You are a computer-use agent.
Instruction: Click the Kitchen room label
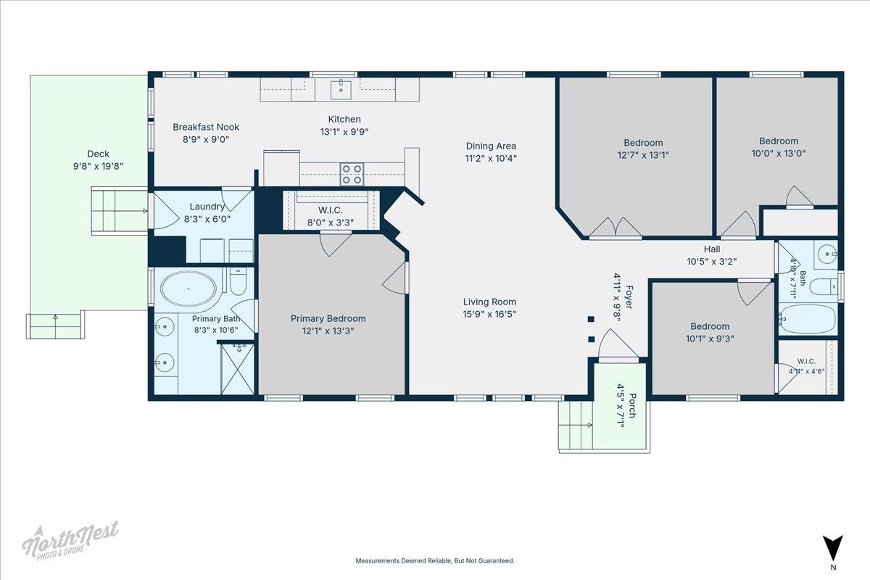tap(344, 120)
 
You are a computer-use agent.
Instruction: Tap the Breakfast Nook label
tap(206, 127)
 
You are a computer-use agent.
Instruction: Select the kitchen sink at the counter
tap(341, 90)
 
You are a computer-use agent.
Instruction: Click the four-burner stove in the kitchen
tap(352, 174)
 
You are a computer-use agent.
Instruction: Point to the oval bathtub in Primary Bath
tap(188, 289)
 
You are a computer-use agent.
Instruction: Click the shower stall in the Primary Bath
tap(237, 369)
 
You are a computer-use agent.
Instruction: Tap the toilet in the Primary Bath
tap(238, 281)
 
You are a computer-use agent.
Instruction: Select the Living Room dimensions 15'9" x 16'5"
tap(489, 314)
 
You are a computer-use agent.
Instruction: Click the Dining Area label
tap(491, 146)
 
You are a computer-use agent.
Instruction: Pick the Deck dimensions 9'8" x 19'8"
tap(99, 166)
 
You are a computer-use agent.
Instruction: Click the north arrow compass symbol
tap(833, 548)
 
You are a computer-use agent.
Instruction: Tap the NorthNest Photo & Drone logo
tap(70, 540)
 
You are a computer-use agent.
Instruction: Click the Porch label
tap(632, 405)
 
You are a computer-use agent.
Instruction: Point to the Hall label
tap(712, 249)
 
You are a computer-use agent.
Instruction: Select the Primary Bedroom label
tap(328, 318)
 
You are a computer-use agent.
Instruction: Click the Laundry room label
tap(207, 207)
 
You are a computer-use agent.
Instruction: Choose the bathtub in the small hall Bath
tap(808, 319)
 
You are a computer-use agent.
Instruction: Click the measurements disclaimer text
tap(435, 560)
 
